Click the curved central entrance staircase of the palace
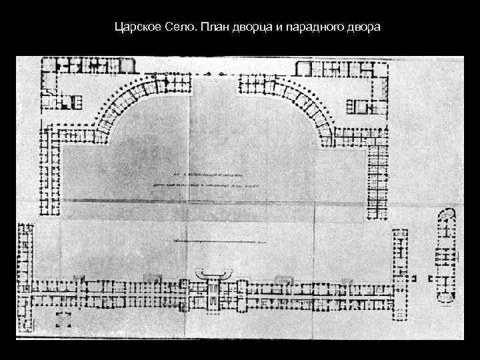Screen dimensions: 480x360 [214, 273]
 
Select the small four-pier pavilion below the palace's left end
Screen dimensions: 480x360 [65, 318]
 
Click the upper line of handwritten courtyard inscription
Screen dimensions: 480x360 [214, 171]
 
